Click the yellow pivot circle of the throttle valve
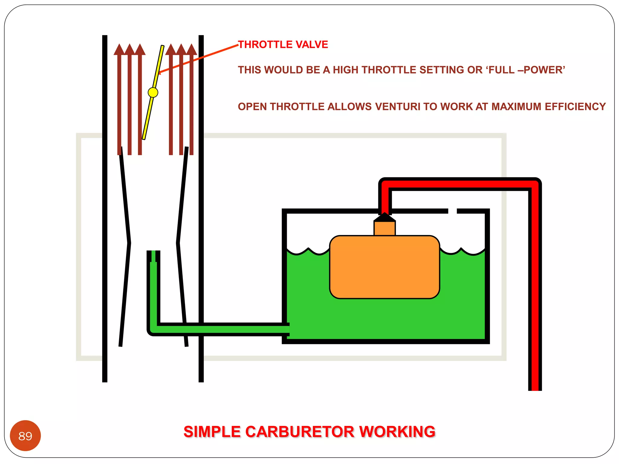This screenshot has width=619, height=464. tap(153, 92)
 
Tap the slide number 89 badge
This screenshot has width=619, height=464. tap(25, 436)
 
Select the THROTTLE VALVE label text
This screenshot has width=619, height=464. tap(283, 44)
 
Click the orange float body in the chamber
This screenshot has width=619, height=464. tap(384, 267)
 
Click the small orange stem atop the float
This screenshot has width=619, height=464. tap(384, 228)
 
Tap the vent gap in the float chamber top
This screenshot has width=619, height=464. tap(452, 211)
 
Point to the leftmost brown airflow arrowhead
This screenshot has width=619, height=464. tap(119, 50)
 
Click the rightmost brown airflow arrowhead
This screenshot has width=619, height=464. tap(192, 50)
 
